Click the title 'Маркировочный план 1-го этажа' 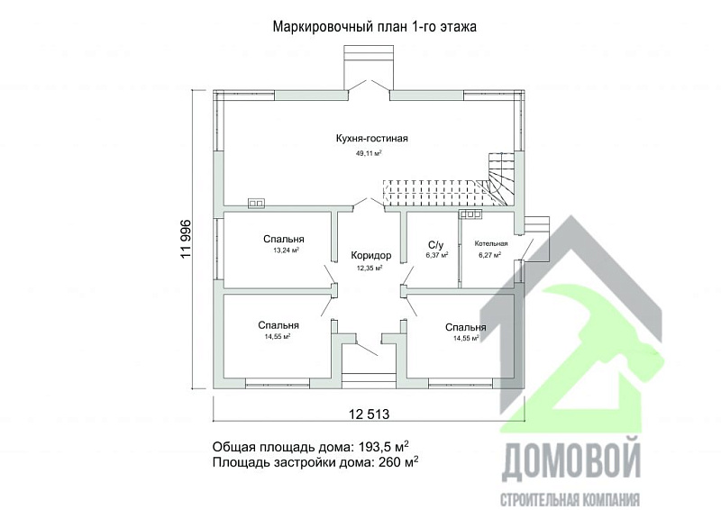pyautogui.click(x=374, y=27)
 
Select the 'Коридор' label pyautogui.click(x=370, y=255)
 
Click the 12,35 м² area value pyautogui.click(x=370, y=269)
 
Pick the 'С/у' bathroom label pyautogui.click(x=436, y=244)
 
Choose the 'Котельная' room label pyautogui.click(x=491, y=243)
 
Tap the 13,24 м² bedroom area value pyautogui.click(x=285, y=251)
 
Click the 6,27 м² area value pyautogui.click(x=489, y=256)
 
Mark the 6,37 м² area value pyautogui.click(x=436, y=256)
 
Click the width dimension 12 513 pyautogui.click(x=367, y=414)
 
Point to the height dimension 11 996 pyautogui.click(x=187, y=240)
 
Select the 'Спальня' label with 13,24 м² pyautogui.click(x=284, y=239)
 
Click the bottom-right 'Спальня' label pyautogui.click(x=465, y=327)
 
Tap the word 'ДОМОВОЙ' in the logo pyautogui.click(x=570, y=460)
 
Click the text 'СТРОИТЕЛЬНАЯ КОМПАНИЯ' pyautogui.click(x=570, y=498)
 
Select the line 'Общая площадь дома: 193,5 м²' pyautogui.click(x=315, y=446)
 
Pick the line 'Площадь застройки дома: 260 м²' pyautogui.click(x=315, y=462)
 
